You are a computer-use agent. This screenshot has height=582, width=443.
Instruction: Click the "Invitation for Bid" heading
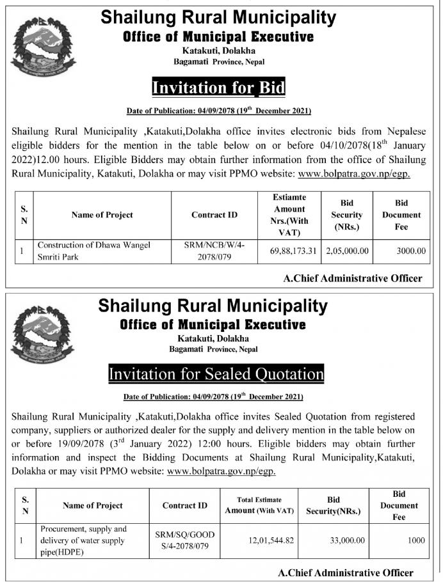218,86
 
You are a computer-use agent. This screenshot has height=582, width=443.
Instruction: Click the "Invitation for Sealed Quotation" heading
216,372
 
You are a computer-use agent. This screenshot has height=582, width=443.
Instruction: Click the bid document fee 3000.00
410,251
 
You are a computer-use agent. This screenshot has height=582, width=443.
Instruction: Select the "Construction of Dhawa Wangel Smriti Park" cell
95,251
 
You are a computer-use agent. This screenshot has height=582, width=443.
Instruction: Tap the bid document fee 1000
416,540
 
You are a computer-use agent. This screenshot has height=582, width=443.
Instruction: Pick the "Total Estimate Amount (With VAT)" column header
259,505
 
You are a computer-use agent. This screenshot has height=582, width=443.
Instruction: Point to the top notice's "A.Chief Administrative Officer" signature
352,278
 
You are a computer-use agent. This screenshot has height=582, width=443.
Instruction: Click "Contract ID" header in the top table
214,215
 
